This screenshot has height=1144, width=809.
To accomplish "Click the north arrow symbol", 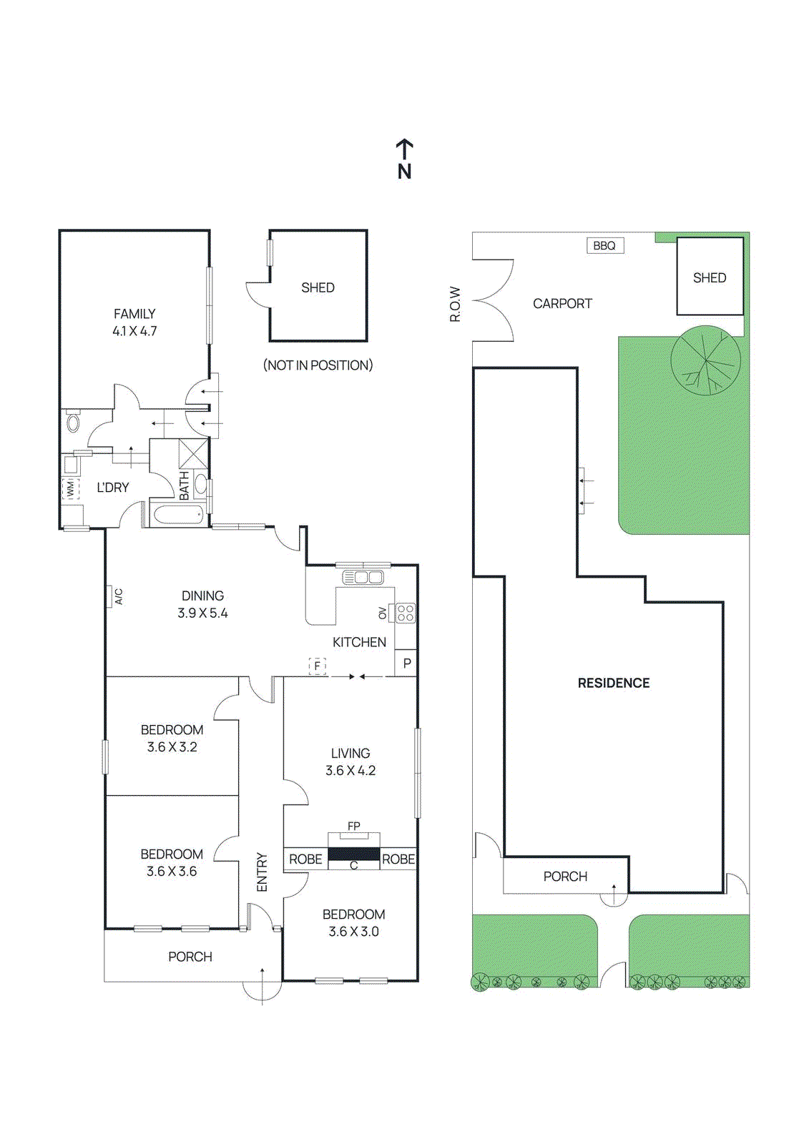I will [x=404, y=159].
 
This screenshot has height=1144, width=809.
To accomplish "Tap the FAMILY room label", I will [x=134, y=314].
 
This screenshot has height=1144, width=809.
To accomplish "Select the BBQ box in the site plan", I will [x=604, y=246].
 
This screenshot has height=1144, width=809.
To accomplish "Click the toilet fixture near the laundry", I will [x=73, y=422].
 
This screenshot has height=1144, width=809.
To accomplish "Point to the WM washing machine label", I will [x=70, y=489].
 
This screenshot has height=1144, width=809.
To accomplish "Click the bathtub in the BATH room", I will [x=178, y=514].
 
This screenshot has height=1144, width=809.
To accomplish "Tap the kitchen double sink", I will [x=363, y=577].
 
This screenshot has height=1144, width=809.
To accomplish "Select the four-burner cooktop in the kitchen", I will [x=406, y=613].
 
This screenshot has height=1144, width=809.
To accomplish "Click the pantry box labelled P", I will [x=406, y=664].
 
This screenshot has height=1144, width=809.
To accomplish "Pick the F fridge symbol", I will [x=317, y=666].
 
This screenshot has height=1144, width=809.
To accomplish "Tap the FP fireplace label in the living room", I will [x=353, y=827].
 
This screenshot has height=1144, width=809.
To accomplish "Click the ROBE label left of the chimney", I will [x=305, y=859].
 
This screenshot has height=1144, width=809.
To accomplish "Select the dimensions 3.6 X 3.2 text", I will [x=172, y=747].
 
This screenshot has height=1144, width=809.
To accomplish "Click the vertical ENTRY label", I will [x=262, y=872].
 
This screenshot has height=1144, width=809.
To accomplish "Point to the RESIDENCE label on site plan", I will [x=614, y=684].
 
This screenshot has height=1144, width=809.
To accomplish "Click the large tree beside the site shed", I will [x=705, y=360].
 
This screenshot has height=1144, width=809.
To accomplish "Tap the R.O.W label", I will [x=456, y=305].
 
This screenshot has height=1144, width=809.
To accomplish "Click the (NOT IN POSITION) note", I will [x=318, y=365].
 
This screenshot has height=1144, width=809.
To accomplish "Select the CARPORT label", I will [x=562, y=304].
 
